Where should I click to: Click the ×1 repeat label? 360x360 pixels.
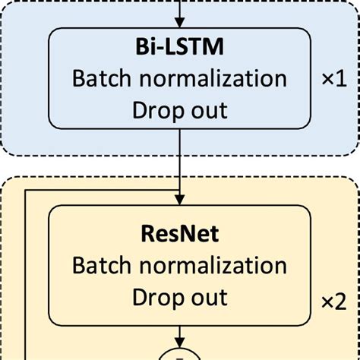tap(333, 79)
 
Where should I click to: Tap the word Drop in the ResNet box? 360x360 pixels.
tap(153, 296)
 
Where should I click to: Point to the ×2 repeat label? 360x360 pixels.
tap(333, 302)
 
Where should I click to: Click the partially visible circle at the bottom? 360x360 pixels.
tap(180, 355)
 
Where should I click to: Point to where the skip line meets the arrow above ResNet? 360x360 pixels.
tap(180, 191)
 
